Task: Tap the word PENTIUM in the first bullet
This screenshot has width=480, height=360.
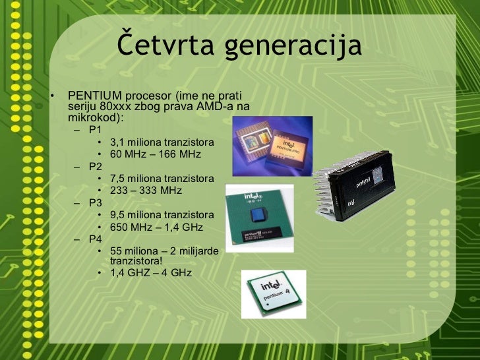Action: click(x=91, y=97)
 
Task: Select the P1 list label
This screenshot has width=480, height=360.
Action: click(x=96, y=130)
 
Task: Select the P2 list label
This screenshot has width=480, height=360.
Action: click(x=96, y=166)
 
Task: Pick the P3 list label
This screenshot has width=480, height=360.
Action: click(x=96, y=203)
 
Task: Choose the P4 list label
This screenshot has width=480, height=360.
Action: click(x=96, y=239)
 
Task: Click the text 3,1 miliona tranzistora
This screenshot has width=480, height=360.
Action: click(x=162, y=142)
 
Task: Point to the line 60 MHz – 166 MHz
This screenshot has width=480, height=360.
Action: click(x=155, y=155)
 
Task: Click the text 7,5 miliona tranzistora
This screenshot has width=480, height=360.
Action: click(x=162, y=179)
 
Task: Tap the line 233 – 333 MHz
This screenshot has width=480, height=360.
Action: click(x=146, y=191)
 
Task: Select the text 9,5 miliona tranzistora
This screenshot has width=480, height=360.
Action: click(x=162, y=215)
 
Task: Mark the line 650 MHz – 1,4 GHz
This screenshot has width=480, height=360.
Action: click(x=156, y=227)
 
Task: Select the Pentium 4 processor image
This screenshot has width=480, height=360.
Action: click(x=274, y=293)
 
